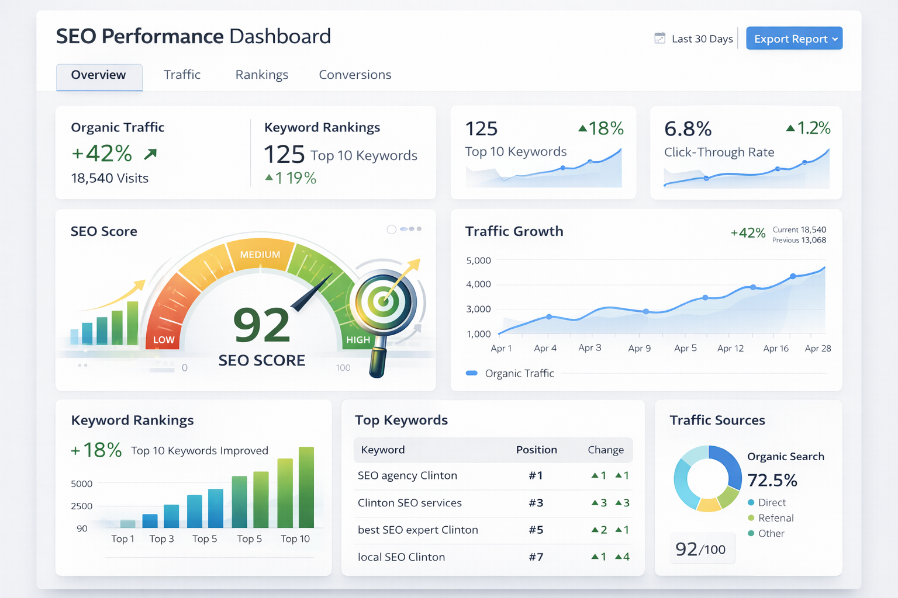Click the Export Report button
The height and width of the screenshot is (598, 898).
(x=794, y=39)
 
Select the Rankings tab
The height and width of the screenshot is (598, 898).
(x=262, y=75)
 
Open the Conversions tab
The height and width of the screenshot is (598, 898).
(x=355, y=75)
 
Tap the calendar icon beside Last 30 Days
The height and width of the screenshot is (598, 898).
(x=659, y=39)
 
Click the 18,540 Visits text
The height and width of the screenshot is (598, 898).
(x=110, y=178)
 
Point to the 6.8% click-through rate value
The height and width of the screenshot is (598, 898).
(x=688, y=128)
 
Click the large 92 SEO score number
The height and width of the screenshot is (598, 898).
(x=261, y=325)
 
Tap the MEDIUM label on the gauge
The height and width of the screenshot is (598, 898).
(x=260, y=255)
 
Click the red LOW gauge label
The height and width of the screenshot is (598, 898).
(x=164, y=340)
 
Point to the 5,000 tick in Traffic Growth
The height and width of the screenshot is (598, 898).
(x=478, y=260)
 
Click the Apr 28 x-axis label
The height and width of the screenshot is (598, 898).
(x=817, y=348)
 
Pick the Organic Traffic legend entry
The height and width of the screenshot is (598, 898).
(x=519, y=373)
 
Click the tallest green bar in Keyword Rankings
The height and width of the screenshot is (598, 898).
(x=306, y=487)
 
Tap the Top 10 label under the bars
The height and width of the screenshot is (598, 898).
(x=295, y=538)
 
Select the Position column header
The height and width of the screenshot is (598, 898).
(x=536, y=450)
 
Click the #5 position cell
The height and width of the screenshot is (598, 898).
(x=536, y=530)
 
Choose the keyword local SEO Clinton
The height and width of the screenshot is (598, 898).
(x=401, y=557)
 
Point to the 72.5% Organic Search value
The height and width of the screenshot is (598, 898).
(x=772, y=480)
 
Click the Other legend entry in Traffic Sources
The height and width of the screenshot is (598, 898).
(x=771, y=533)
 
